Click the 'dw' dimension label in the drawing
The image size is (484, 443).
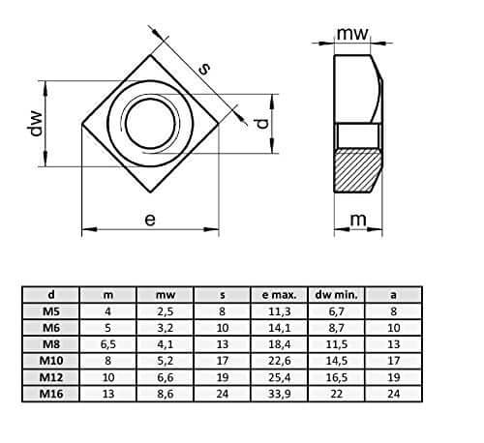(35, 124)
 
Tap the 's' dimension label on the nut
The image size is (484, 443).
(203, 69)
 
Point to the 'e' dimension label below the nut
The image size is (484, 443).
(150, 220)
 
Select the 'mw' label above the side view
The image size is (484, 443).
(352, 34)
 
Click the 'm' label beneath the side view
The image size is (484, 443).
(358, 220)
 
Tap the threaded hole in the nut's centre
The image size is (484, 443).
(150, 124)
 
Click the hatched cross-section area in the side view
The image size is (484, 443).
(357, 170)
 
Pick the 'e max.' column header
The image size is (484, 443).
(279, 295)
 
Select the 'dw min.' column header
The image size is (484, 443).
(337, 295)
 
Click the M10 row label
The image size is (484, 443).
(51, 361)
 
